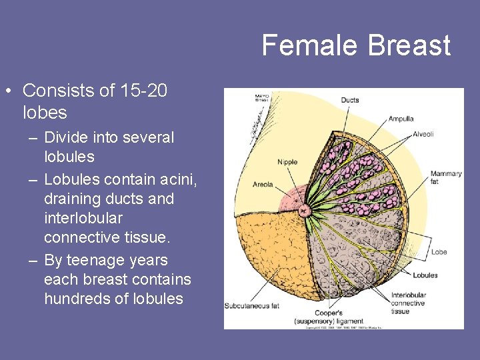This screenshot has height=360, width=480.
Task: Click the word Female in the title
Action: (x=303, y=45)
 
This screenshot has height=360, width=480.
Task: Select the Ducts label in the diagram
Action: (x=350, y=101)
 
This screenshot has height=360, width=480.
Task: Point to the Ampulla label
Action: (x=401, y=119)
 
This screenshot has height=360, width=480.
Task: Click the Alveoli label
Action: (x=423, y=134)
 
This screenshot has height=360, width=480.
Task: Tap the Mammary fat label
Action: (x=445, y=177)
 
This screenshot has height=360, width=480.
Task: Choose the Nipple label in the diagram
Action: (x=287, y=162)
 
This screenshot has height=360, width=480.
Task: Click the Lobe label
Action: (x=439, y=252)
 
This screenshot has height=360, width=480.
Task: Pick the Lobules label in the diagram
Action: (x=425, y=275)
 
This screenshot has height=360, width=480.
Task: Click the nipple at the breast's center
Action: (x=305, y=211)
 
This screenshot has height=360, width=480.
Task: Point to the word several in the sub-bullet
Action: (x=148, y=138)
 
